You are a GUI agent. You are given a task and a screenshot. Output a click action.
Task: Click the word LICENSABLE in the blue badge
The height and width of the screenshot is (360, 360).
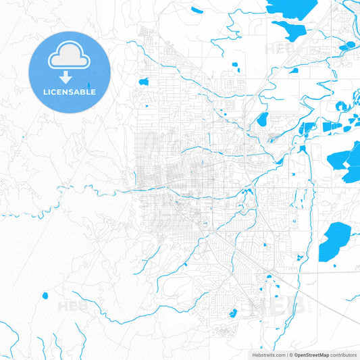coord(70,92)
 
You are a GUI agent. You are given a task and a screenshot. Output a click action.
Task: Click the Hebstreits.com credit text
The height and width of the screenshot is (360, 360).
coord(264,354)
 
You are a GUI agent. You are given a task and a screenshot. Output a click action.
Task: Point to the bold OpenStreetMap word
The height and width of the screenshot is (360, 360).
coord(311,354)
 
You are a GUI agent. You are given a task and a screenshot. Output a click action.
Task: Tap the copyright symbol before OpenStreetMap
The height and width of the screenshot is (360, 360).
coord(290,354)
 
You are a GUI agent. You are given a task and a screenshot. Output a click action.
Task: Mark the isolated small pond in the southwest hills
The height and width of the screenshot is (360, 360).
coord(45,295)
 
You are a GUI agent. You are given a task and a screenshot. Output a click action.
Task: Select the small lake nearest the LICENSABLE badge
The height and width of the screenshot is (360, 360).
coord(143,82)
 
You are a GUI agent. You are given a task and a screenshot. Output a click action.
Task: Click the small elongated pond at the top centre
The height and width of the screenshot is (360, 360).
coord(197,10)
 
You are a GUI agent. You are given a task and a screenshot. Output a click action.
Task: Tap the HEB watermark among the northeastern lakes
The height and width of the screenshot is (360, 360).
coord(277,49)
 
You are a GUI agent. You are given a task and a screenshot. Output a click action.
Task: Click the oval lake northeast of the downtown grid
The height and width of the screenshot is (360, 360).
coord(263,120)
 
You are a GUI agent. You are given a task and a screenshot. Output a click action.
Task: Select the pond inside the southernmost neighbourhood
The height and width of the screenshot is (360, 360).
coord(233,313)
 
